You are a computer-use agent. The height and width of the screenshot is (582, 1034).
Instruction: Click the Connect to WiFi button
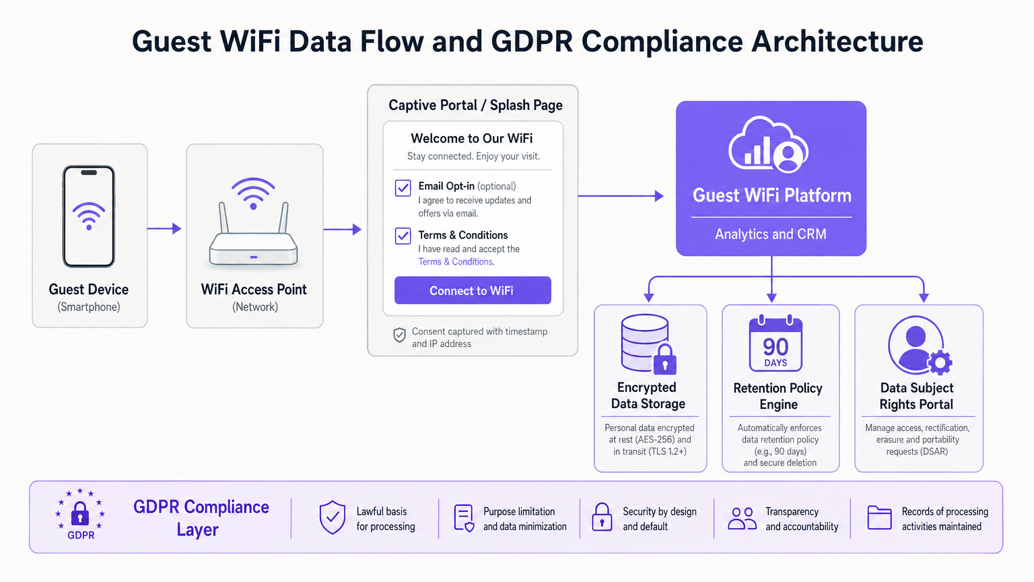pos(473,290)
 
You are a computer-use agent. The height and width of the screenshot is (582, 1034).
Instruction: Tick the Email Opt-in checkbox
pos(403,188)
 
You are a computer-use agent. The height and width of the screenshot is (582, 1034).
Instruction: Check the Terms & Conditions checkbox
pos(403,236)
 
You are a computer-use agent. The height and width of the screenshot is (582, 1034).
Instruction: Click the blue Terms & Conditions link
pos(456,262)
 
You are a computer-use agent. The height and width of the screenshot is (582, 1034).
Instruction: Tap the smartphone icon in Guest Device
pos(89,216)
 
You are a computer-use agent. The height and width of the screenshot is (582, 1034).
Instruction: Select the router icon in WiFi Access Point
pos(253,226)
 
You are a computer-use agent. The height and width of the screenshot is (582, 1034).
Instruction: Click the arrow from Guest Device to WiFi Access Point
pos(164,229)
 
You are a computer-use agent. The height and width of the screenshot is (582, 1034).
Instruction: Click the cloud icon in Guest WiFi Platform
pos(769,145)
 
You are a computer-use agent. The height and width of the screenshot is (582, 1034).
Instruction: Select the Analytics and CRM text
pos(771,234)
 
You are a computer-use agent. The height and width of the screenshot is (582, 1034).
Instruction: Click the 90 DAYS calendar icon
pos(775,344)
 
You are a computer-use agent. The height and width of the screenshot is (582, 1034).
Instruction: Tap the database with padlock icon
pos(648,344)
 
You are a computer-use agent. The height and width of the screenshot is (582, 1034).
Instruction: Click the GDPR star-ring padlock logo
pos(80,513)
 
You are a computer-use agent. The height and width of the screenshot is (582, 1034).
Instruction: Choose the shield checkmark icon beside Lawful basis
pos(332,517)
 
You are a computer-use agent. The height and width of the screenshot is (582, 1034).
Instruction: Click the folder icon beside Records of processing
pos(879,517)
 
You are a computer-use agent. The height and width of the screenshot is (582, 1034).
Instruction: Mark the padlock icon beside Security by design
pos(602,517)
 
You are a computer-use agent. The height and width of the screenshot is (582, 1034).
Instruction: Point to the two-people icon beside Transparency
pos(742,518)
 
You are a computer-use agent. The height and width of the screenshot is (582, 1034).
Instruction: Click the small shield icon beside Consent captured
pos(399,335)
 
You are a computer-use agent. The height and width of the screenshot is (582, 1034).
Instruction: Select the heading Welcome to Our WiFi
pos(472,139)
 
